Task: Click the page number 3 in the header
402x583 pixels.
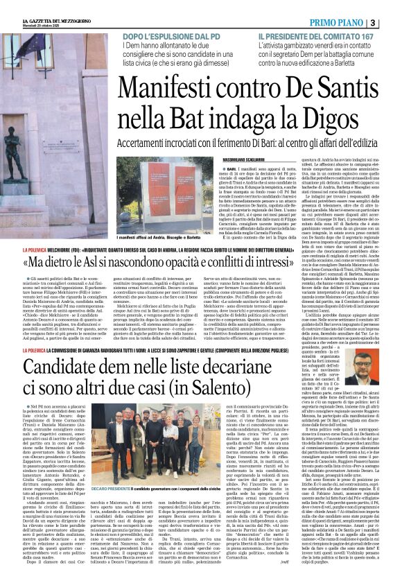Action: (x=392, y=24)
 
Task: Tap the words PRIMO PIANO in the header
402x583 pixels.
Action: (x=356, y=24)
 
